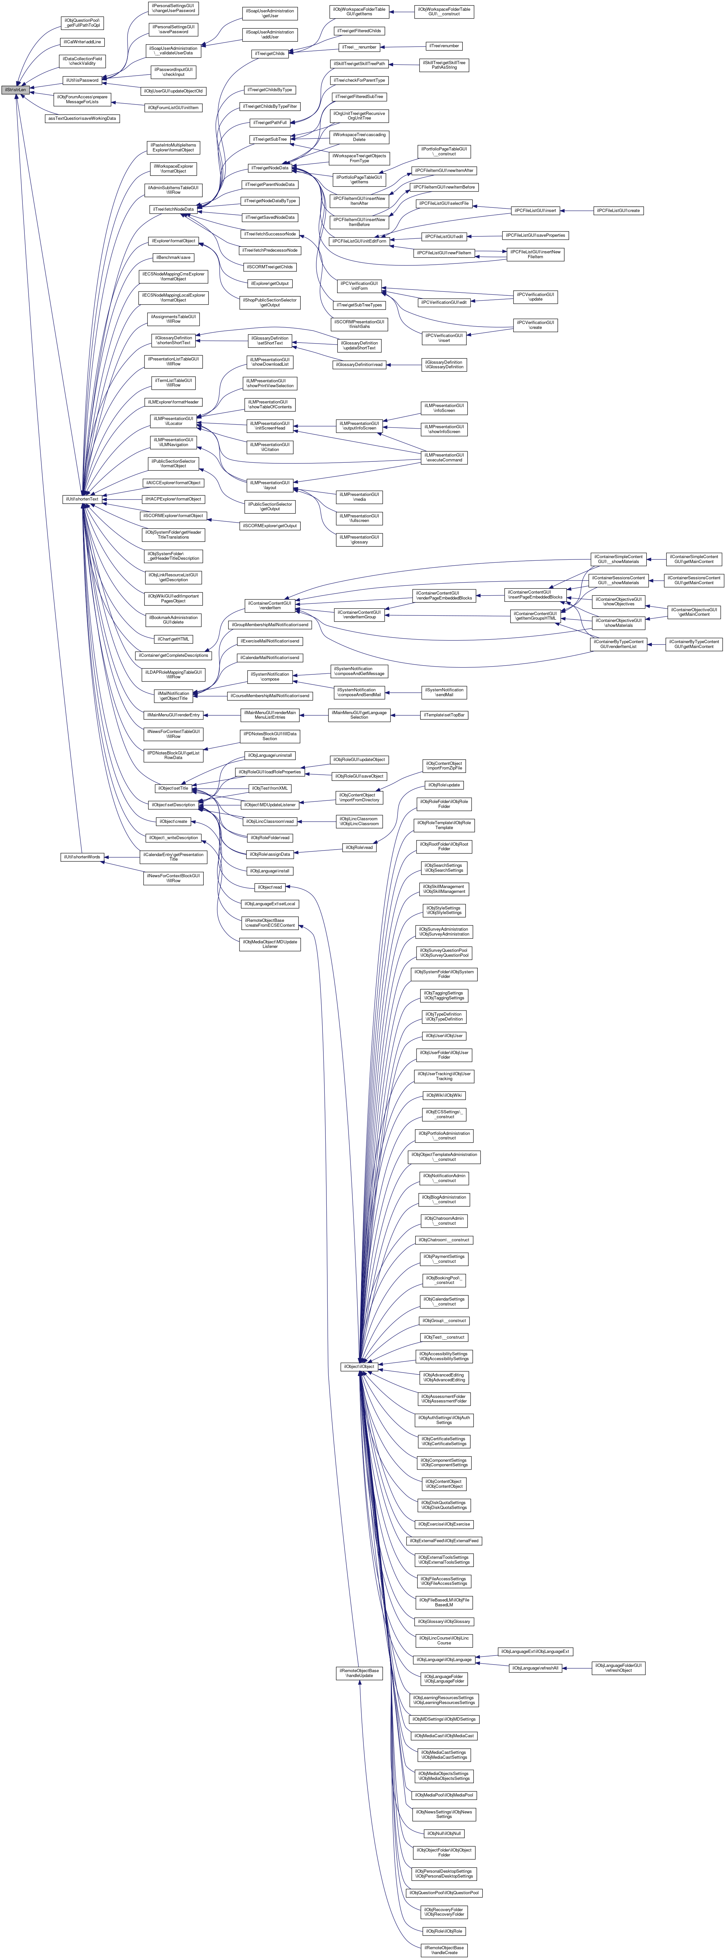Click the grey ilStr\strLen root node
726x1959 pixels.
coord(15,90)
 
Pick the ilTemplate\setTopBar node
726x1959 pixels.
coord(445,715)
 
